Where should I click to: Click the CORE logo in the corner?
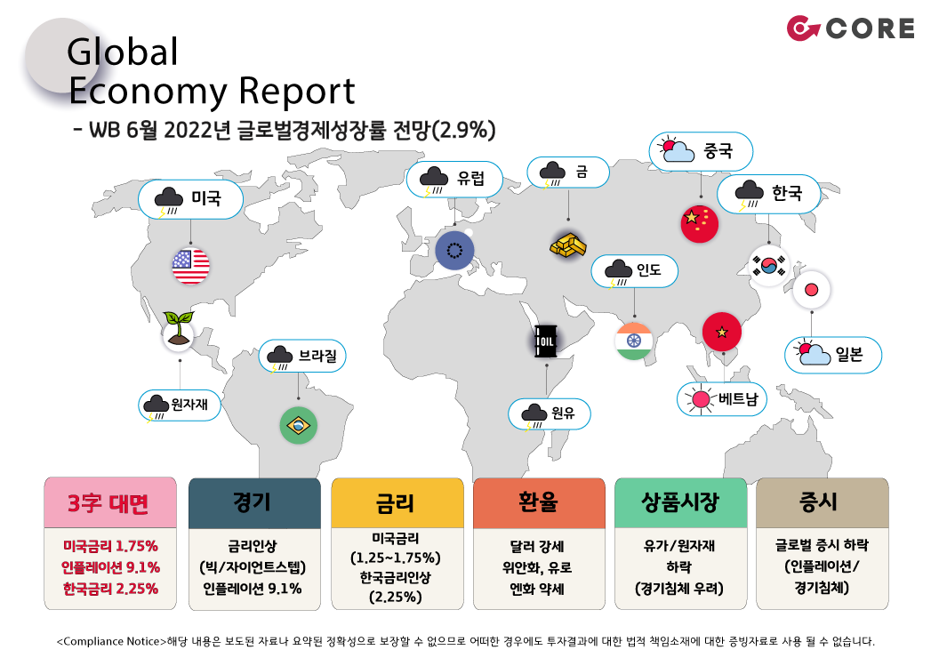coord(850,28)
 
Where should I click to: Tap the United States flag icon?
coord(190,265)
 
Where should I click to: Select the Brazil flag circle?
coord(298,425)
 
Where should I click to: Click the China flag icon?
coord(700,224)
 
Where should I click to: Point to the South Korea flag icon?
coord(769,265)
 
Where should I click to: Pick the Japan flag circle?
coord(811,290)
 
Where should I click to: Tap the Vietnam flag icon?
coord(721,332)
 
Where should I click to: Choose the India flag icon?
coord(633,341)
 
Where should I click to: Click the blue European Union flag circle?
coord(454,250)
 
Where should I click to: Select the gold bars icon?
coord(568,245)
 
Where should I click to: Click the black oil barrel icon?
coord(546,341)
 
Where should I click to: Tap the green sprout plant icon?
coord(178,330)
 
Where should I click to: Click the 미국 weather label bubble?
coord(190,199)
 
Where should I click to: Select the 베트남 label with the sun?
coord(721,398)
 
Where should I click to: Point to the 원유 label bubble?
coord(550,413)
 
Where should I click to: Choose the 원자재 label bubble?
coord(180,405)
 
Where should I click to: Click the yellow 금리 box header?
coord(397,502)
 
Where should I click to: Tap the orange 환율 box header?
coord(539,502)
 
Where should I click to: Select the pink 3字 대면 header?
coord(110,502)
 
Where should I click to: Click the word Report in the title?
coord(296,91)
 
